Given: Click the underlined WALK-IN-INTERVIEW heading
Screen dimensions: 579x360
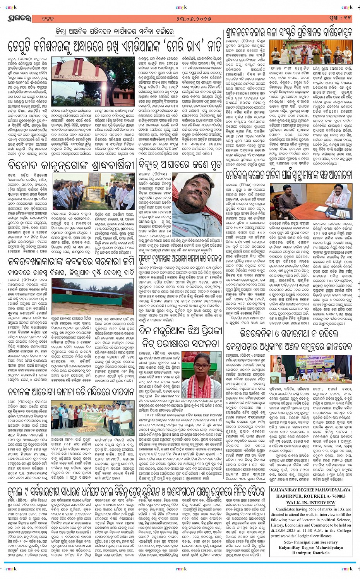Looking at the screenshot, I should pyautogui.click(x=311, y=502).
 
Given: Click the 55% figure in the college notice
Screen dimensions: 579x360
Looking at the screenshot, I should pyautogui.click(x=312, y=509).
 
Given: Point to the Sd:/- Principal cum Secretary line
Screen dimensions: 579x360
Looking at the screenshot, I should pyautogui.click(x=311, y=542).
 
